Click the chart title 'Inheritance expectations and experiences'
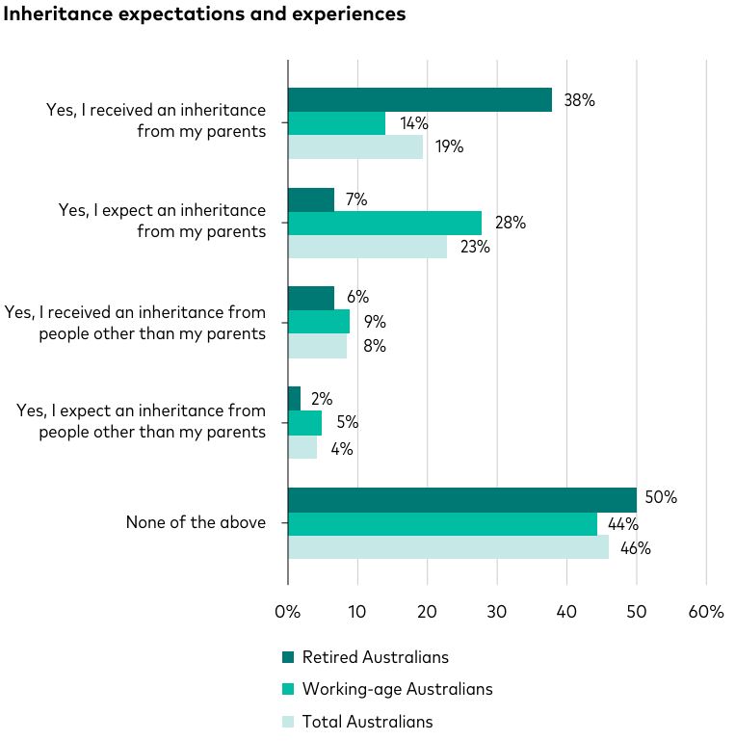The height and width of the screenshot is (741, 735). coord(205,14)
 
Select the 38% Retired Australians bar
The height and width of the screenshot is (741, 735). coord(420,100)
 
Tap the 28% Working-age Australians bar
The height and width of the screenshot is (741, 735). coord(384,224)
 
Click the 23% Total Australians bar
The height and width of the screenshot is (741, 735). coord(367,247)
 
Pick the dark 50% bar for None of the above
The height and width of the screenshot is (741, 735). coord(461,500)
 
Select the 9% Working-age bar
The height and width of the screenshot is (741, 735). coord(319,322)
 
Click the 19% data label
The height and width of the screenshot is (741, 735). coord(448,147)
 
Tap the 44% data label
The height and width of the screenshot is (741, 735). coord(622,525)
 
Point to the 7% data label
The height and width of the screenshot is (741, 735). coord(356,200)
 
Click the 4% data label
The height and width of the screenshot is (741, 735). coord(341,449)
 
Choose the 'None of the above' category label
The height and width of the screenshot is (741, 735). coord(196,523)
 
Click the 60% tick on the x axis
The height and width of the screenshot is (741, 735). coord(705,612)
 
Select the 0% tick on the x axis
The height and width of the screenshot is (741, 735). coord(288,612)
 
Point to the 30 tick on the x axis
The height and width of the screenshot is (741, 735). coord(497,612)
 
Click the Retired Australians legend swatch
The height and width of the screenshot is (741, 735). coord(288,658)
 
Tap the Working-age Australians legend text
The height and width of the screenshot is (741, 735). coord(397,689)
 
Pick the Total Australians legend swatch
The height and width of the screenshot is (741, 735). coord(288,721)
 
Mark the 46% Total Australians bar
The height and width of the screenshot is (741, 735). coord(448,547)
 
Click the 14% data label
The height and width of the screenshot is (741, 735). coord(413,123)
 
